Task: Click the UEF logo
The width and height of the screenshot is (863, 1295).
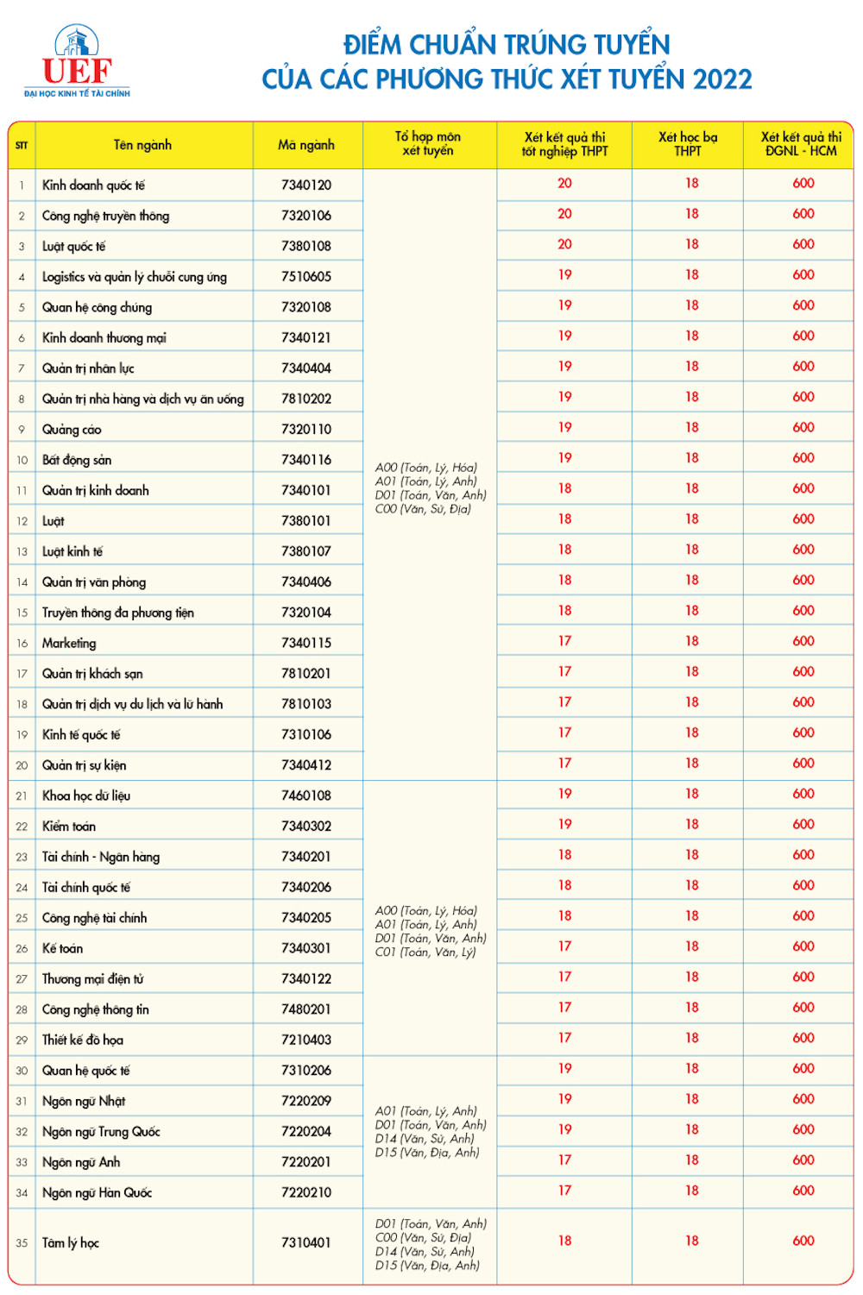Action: point(77,62)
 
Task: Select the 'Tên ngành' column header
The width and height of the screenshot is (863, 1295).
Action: point(142,145)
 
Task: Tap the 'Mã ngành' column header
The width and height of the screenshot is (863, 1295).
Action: point(306,145)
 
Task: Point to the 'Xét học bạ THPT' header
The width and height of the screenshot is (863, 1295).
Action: point(688,144)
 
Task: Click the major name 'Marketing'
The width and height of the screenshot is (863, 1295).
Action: point(69,643)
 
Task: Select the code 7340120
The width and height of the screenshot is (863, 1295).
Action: point(306,185)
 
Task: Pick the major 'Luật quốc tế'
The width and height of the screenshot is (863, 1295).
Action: point(73,246)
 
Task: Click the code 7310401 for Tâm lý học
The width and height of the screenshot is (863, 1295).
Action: point(306,1242)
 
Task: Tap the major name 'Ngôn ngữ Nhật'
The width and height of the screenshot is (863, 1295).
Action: point(84,1101)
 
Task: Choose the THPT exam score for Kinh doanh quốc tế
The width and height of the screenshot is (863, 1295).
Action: point(564,183)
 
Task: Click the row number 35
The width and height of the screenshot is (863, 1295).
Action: point(22,1243)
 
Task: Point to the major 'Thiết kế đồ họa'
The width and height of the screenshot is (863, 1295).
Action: point(83,1040)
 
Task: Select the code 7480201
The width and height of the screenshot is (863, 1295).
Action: point(306,1009)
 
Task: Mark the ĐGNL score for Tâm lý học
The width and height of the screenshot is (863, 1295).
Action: point(803,1241)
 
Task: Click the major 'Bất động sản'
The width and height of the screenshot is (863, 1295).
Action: point(77,460)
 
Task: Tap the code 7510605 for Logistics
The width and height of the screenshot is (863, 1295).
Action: point(306,276)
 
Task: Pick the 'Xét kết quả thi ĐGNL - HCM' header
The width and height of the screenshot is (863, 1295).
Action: point(801,144)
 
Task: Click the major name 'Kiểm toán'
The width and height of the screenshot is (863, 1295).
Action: point(69,826)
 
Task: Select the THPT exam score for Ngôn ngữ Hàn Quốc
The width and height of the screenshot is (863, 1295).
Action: point(564,1191)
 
